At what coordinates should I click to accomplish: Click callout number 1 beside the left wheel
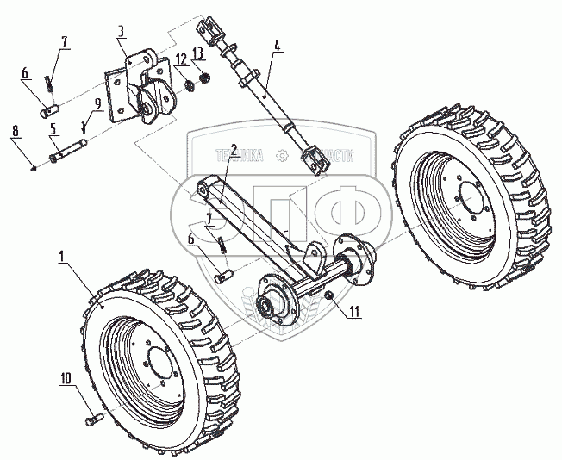(62, 256)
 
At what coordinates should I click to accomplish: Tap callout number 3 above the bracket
(121, 31)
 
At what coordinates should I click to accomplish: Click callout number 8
(16, 132)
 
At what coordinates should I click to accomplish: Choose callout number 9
(97, 103)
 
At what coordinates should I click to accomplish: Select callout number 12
(180, 59)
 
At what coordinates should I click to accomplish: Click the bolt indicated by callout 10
(94, 421)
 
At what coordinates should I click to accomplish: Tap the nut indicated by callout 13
(205, 79)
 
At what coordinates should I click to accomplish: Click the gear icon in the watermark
(281, 155)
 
